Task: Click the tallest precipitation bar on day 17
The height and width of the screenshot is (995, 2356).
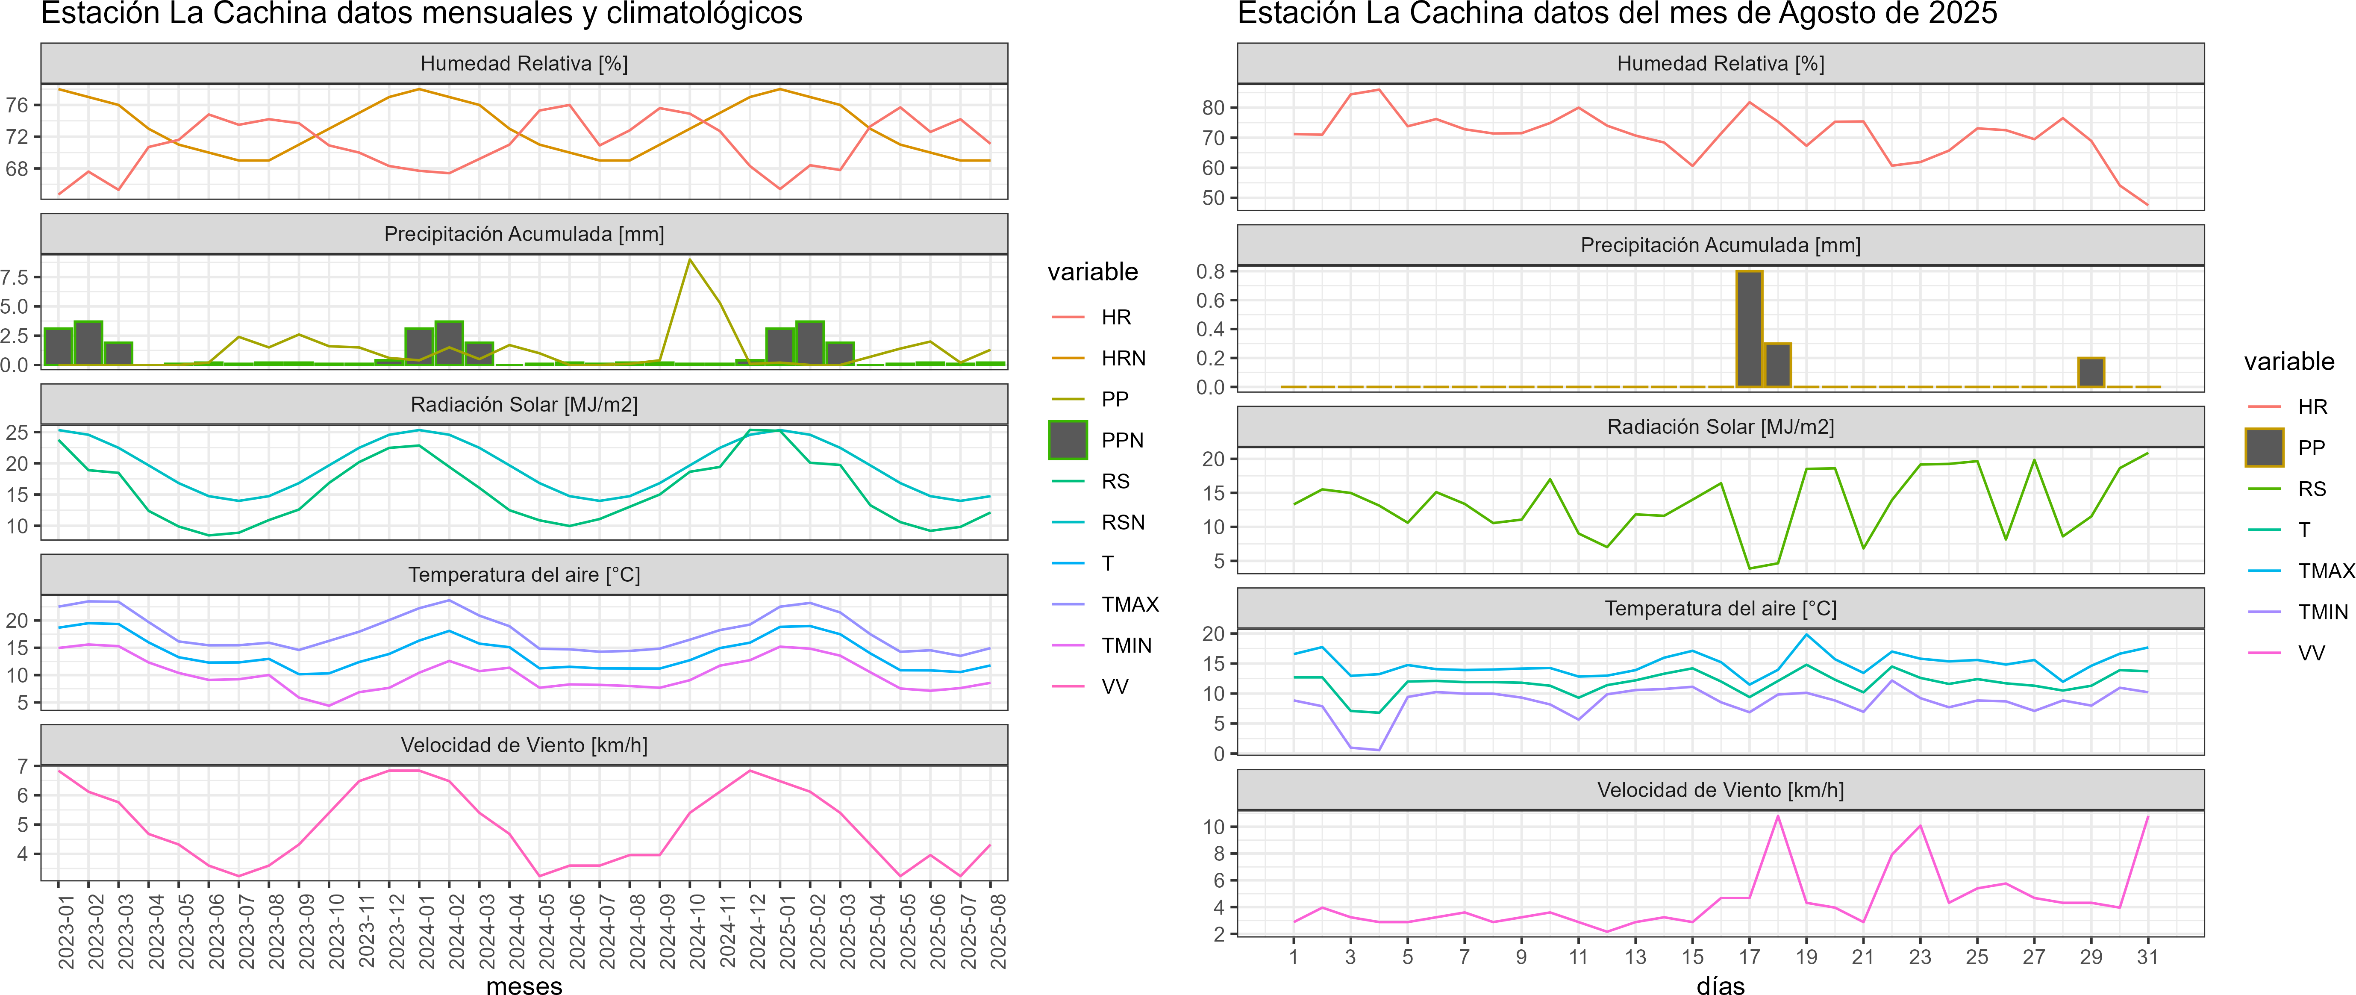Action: [x=1749, y=329]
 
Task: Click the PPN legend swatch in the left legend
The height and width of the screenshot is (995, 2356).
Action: [x=1068, y=440]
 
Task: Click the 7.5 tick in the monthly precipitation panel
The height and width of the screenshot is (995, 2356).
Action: [x=15, y=277]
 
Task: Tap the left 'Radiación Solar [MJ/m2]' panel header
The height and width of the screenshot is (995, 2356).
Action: [x=524, y=404]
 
